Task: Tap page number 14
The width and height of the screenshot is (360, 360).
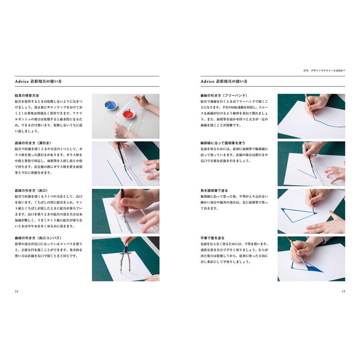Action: pyautogui.click(x=16, y=291)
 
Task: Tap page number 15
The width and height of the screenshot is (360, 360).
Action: pyautogui.click(x=343, y=291)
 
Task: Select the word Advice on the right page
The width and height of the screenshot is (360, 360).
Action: pyautogui.click(x=208, y=82)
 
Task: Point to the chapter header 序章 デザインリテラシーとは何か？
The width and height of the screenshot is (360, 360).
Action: pyautogui.click(x=324, y=70)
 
